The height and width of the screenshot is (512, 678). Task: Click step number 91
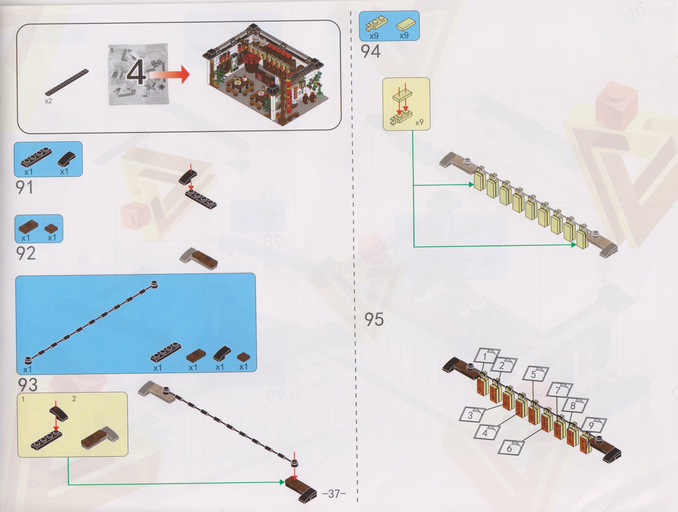click(25, 187)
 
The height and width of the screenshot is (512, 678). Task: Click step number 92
click(26, 253)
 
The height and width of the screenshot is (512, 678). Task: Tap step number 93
click(28, 385)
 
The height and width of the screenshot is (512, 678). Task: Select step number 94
click(371, 51)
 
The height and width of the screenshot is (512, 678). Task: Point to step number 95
click(374, 319)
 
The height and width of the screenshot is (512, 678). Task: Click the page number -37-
click(334, 493)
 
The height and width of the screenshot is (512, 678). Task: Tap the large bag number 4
click(137, 73)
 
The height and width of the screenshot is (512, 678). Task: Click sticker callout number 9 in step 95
click(593, 425)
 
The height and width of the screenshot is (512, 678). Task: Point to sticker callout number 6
click(510, 448)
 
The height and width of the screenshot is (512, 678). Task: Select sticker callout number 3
click(471, 414)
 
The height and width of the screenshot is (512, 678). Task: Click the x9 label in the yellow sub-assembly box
click(419, 123)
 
